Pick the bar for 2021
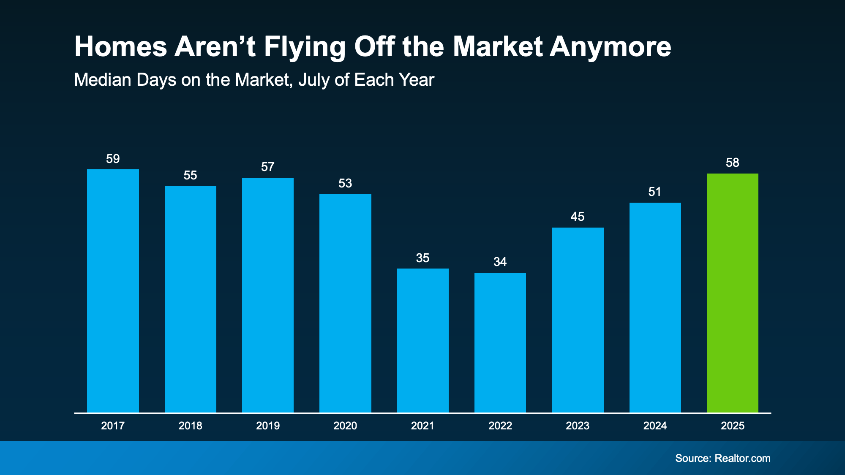pyautogui.click(x=422, y=340)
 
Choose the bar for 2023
pyautogui.click(x=578, y=320)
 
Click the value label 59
pyautogui.click(x=113, y=159)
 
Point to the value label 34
pyautogui.click(x=500, y=262)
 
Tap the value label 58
pyautogui.click(x=732, y=163)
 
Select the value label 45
pyautogui.click(x=578, y=217)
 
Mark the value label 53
pyautogui.click(x=345, y=183)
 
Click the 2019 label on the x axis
pyautogui.click(x=268, y=426)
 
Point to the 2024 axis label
pyautogui.click(x=655, y=426)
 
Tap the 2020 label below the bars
pyautogui.click(x=345, y=426)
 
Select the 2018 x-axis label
pyautogui.click(x=190, y=426)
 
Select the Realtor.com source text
pyautogui.click(x=742, y=458)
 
